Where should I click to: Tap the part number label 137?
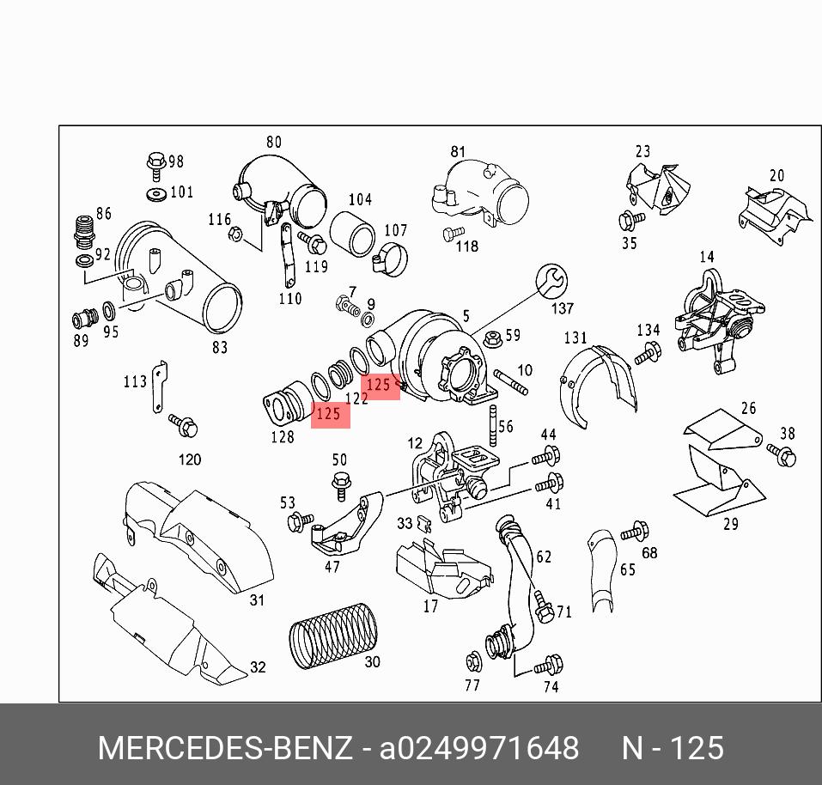(x=562, y=308)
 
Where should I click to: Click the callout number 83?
(x=220, y=347)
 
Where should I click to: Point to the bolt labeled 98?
(x=155, y=162)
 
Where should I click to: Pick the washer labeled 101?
(x=156, y=192)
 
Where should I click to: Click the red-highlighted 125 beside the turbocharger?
(x=380, y=386)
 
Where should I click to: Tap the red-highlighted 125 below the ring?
(x=330, y=414)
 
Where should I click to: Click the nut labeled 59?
(x=491, y=337)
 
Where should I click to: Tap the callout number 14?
(x=706, y=257)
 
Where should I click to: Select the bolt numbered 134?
(x=648, y=351)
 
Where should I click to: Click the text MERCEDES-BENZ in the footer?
(x=225, y=748)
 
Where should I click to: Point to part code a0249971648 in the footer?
(x=479, y=748)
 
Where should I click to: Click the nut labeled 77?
(x=472, y=662)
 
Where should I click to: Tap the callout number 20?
(x=776, y=176)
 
